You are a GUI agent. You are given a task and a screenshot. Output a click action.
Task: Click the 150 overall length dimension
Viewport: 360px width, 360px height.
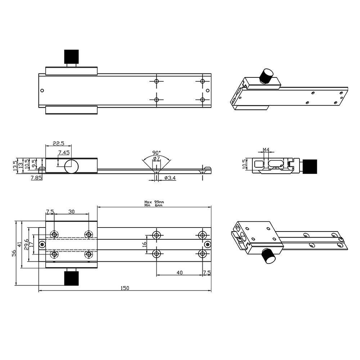125,288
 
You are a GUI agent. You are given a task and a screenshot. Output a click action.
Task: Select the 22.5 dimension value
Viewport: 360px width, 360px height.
58,143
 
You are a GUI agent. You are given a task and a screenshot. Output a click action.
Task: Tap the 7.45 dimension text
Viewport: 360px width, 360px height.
64,153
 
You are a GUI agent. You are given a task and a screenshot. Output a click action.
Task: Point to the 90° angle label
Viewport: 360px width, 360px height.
156,152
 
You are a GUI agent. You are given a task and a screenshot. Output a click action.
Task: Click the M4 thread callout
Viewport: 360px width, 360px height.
266,149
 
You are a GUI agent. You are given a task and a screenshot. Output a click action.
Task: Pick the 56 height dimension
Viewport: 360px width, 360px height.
14,252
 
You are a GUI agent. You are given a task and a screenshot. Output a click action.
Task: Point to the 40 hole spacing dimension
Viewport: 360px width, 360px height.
179,273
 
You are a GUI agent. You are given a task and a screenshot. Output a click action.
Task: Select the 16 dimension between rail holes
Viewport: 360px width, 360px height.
144,244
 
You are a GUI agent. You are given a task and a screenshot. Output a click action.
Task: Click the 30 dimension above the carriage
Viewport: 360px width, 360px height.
71,212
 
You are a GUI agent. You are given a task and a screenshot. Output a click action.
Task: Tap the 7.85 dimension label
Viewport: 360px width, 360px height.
36,178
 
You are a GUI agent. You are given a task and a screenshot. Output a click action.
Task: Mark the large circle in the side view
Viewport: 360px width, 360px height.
72,166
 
